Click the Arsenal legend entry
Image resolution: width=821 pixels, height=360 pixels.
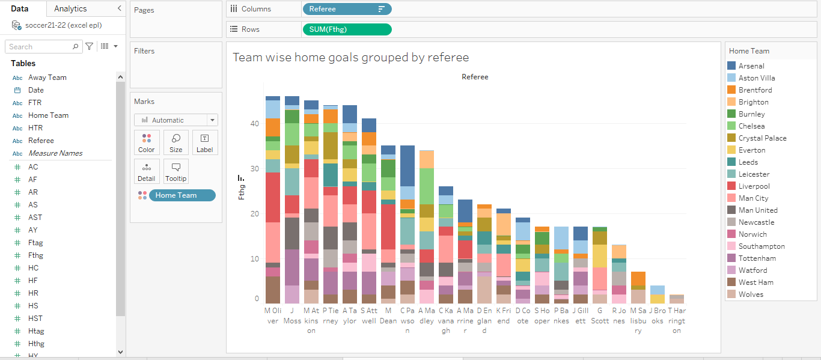pyautogui.click(x=751, y=66)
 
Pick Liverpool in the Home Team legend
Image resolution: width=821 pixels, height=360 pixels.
pyautogui.click(x=754, y=186)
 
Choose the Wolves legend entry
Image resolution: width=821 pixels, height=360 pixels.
pyautogui.click(x=751, y=294)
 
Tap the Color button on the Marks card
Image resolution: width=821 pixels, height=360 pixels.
pyautogui.click(x=147, y=142)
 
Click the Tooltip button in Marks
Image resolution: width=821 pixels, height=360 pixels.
pyautogui.click(x=176, y=171)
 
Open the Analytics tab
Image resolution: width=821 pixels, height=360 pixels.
pyautogui.click(x=70, y=8)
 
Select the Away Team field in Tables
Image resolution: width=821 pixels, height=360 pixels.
pyautogui.click(x=47, y=78)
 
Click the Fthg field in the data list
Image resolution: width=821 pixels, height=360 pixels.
pyautogui.click(x=35, y=255)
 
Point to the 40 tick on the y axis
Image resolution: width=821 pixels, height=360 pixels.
pyautogui.click(x=255, y=124)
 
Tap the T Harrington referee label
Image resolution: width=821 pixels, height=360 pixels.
pyautogui.click(x=677, y=320)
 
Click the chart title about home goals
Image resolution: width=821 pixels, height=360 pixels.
pyautogui.click(x=350, y=58)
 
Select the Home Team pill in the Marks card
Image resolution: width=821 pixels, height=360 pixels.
pyautogui.click(x=182, y=195)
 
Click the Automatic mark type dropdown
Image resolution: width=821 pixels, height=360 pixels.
pyautogui.click(x=176, y=120)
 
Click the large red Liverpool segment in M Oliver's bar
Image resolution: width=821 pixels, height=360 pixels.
pyautogui.click(x=273, y=197)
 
